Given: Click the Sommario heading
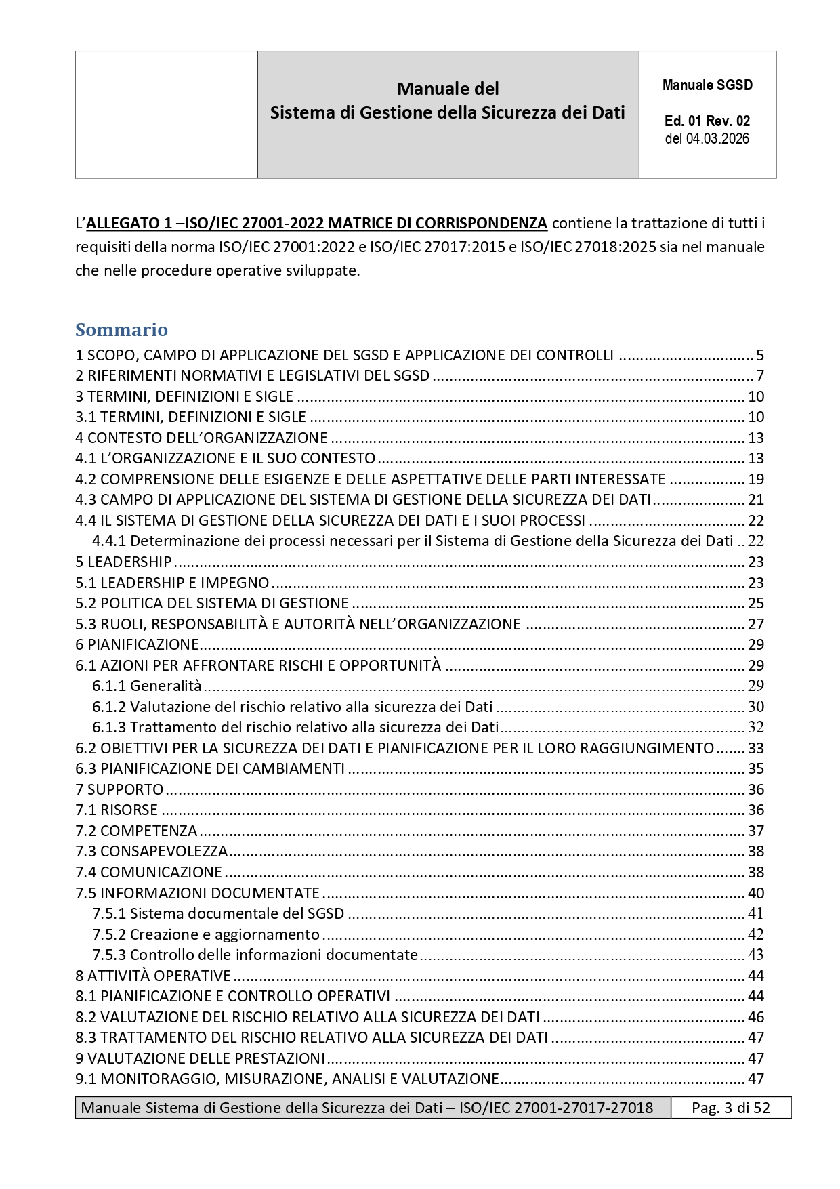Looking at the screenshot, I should [121, 330].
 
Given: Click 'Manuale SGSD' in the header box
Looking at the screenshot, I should [707, 85].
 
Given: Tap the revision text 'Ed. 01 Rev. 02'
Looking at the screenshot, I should [707, 121].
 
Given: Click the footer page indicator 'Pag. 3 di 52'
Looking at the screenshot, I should [730, 1108].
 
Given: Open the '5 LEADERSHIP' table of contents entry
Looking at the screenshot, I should [123, 562].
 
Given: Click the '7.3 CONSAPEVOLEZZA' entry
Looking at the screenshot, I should [151, 851].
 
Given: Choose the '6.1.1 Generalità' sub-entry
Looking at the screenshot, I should [147, 686].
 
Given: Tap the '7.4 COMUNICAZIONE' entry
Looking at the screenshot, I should [148, 872].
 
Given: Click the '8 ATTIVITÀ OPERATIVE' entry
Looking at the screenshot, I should [153, 976].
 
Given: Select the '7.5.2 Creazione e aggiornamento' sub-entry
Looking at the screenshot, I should [206, 934].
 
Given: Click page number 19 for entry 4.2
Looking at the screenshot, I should [756, 479].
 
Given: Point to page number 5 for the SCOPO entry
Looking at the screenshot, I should [760, 355].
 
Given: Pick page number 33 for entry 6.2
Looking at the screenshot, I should [756, 748].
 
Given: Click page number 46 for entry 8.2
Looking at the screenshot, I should [756, 1017].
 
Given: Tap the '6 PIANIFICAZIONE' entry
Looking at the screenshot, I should [137, 644].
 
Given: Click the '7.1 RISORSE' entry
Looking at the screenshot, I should [117, 810].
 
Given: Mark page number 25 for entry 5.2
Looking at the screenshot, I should [756, 603].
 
